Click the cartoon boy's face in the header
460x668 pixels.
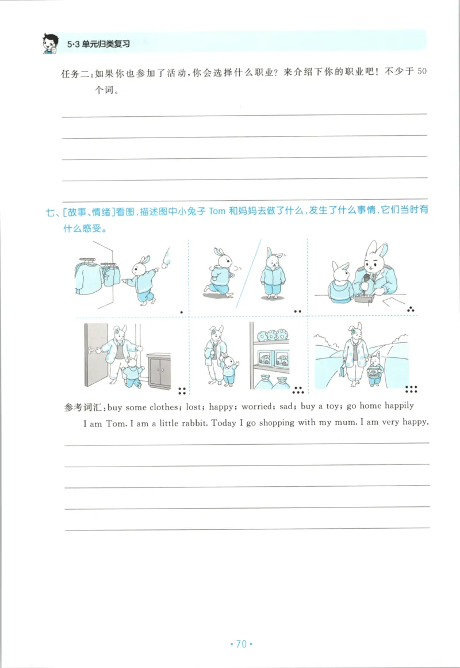51,43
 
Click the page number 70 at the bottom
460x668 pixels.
241,644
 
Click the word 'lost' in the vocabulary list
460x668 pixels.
194,406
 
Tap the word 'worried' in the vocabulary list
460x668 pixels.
256,406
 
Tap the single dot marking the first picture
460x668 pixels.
181,312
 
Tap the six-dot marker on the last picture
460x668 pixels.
412,389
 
